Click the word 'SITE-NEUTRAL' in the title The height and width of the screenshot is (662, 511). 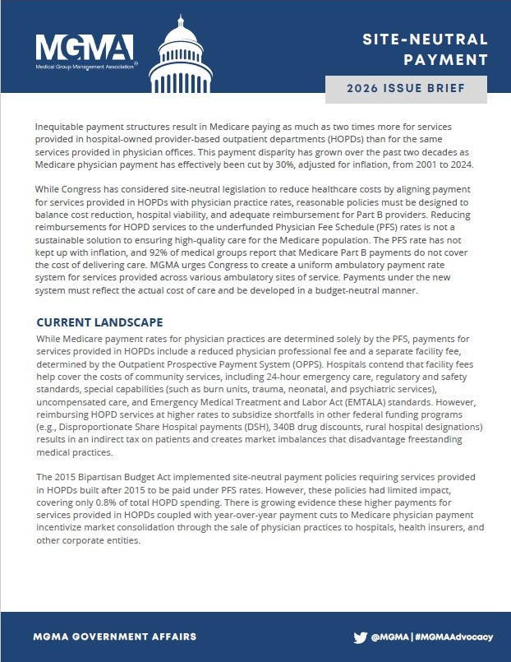click(x=426, y=39)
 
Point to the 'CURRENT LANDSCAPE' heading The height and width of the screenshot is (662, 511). click(x=99, y=322)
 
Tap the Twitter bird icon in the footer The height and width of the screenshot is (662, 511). click(x=360, y=637)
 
